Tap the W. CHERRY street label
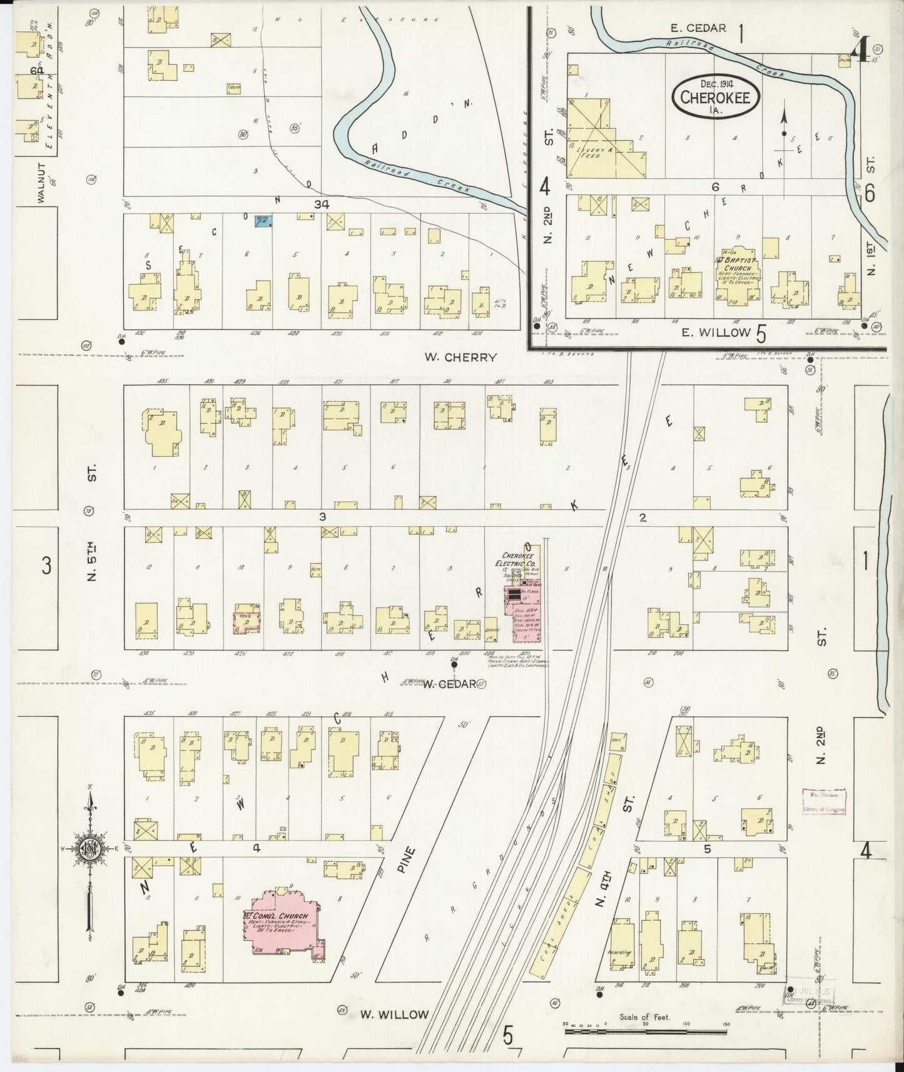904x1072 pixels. click(x=460, y=357)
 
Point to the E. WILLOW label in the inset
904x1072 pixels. click(x=715, y=332)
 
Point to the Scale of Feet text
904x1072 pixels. click(x=644, y=1017)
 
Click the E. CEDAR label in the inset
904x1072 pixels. click(x=699, y=28)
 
